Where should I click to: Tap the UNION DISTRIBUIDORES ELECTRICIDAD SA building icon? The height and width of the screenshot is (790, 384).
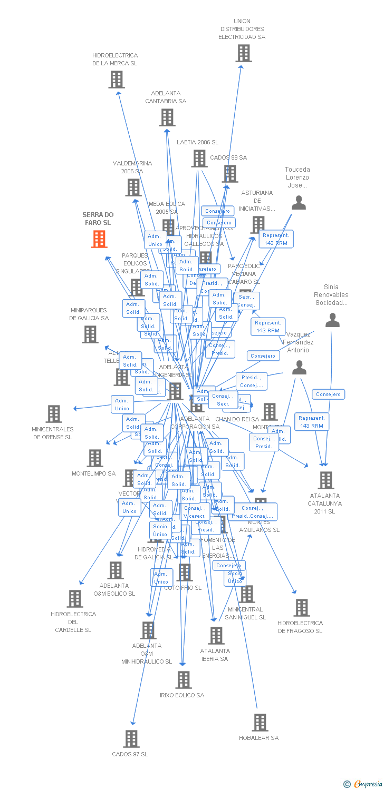point(243,53)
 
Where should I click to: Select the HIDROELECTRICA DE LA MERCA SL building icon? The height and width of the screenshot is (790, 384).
point(116,80)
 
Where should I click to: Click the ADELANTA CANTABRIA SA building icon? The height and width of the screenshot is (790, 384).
point(167,117)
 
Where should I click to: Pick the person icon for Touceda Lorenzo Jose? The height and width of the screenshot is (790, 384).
point(299,203)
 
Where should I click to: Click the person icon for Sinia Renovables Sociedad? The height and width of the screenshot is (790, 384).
point(332,320)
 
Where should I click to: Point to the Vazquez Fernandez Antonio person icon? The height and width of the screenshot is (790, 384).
point(299,368)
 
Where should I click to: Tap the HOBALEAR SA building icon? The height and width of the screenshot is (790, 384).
point(260,722)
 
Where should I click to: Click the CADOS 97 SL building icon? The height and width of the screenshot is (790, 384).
point(131,738)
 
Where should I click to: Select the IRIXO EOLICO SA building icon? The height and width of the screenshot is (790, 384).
point(184,679)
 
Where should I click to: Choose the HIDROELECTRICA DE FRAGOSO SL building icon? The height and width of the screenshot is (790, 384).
point(302,607)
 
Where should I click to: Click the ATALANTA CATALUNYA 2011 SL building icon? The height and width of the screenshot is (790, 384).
point(326,480)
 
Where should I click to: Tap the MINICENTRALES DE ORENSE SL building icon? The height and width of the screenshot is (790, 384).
point(54,414)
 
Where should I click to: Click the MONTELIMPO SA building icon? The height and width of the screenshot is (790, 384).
point(95,458)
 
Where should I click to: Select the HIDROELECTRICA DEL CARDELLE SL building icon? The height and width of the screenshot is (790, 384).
point(75,598)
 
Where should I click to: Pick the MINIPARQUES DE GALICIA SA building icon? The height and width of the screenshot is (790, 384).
point(90,334)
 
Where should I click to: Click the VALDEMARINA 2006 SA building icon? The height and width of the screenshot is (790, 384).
point(133,187)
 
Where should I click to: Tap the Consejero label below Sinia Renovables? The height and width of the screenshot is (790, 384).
point(329,394)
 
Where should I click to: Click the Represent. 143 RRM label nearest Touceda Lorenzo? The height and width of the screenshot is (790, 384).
point(276,239)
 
